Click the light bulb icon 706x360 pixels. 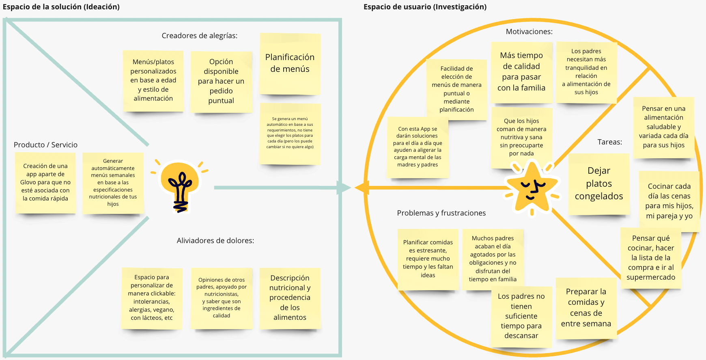click(x=180, y=185)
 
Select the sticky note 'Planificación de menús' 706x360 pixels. click(x=290, y=64)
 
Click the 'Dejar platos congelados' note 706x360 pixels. click(x=599, y=183)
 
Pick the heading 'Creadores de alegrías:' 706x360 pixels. click(x=200, y=36)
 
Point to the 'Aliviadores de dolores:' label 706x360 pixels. click(x=215, y=241)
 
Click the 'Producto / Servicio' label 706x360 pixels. click(x=45, y=145)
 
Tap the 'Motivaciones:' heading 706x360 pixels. click(x=529, y=32)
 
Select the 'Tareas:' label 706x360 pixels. click(x=609, y=142)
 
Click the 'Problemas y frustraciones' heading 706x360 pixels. click(x=441, y=213)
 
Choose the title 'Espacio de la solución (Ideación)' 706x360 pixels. click(x=61, y=7)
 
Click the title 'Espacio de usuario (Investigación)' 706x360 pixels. click(x=425, y=7)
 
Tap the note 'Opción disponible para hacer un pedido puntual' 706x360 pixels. click(x=221, y=81)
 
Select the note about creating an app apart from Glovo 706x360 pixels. click(x=45, y=182)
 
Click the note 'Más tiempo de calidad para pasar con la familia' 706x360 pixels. click(x=521, y=72)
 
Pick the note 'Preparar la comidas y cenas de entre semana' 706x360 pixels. click(x=586, y=308)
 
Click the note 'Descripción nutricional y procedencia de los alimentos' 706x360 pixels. click(x=290, y=297)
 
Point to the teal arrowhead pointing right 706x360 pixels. click(x=344, y=188)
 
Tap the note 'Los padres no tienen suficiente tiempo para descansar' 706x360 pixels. click(x=521, y=316)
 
